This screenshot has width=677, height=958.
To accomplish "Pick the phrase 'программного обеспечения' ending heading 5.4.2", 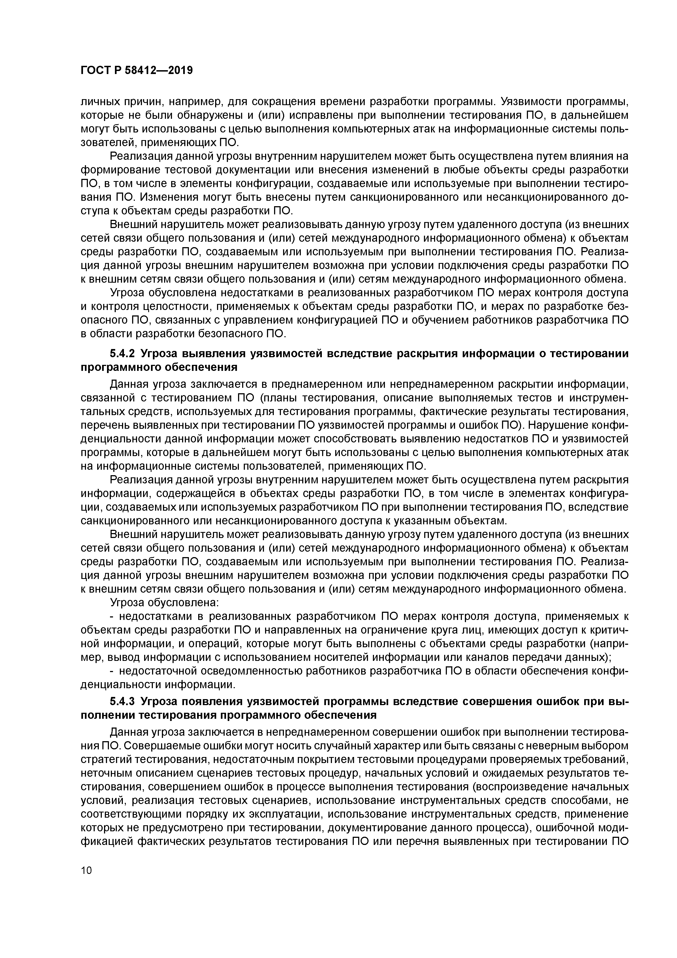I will pos(159,367).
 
